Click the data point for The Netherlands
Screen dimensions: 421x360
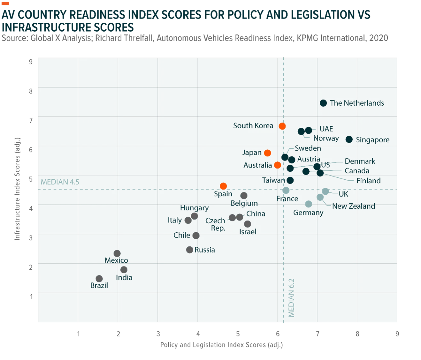pyautogui.click(x=323, y=103)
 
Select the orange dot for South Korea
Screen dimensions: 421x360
pyautogui.click(x=282, y=126)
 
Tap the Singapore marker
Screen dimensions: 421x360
pyautogui.click(x=349, y=139)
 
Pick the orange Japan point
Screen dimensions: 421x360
pyautogui.click(x=267, y=153)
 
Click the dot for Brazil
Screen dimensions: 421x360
pyautogui.click(x=99, y=279)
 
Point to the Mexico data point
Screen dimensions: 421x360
pyautogui.click(x=117, y=253)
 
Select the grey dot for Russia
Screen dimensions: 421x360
pyautogui.click(x=190, y=250)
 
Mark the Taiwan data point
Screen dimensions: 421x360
pyautogui.click(x=290, y=180)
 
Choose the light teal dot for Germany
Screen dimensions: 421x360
pyautogui.click(x=309, y=204)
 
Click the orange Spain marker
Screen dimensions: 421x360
pyautogui.click(x=223, y=186)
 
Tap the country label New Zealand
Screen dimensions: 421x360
pyautogui.click(x=354, y=206)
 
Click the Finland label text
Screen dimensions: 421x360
pyautogui.click(x=368, y=181)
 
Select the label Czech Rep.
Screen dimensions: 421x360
pyautogui.click(x=216, y=224)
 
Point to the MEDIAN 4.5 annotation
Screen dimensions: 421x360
pyautogui.click(x=60, y=182)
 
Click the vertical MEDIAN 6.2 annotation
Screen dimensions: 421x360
pyautogui.click(x=291, y=298)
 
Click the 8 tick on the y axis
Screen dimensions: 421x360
pyautogui.click(x=31, y=91)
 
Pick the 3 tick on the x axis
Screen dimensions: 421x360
pyautogui.click(x=158, y=334)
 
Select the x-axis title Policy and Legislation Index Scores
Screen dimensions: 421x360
pyautogui.click(x=222, y=345)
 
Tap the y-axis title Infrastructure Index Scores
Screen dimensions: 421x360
pyautogui.click(x=17, y=189)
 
